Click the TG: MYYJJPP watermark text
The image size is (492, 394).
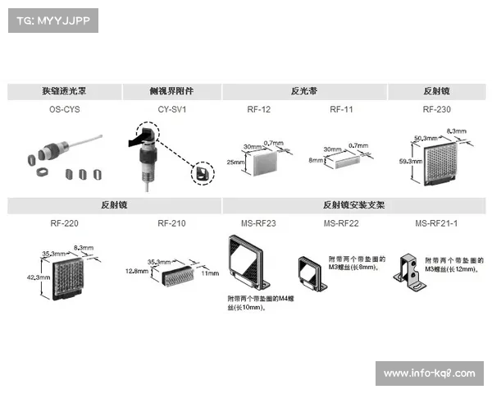coord(52,21)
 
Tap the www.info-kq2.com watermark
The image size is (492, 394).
coord(429,373)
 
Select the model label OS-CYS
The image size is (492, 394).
coord(65,109)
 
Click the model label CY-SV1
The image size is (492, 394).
coord(171,109)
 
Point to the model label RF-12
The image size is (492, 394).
coord(259,109)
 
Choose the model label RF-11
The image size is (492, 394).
coord(341,109)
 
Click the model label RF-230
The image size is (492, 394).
coord(436,109)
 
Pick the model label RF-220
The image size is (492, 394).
coord(65,223)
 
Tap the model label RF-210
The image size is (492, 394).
coord(171,223)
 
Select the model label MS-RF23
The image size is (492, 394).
coord(258,223)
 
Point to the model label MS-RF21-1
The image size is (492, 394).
coord(436,223)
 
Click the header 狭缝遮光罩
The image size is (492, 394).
coord(65,91)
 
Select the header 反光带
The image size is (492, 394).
coord(303,91)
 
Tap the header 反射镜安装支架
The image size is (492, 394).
coord(353,205)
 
